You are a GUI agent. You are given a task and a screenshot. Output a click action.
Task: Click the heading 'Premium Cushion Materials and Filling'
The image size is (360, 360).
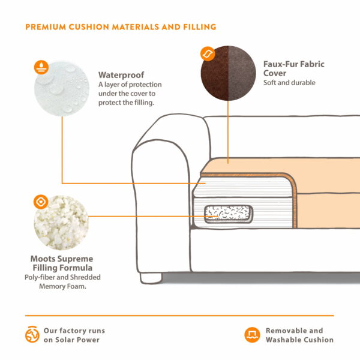(x=121, y=27)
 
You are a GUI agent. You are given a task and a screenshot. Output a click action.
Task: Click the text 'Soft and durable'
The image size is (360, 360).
(x=289, y=83)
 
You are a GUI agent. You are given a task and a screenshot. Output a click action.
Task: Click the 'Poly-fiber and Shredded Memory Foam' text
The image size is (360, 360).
(x=62, y=282)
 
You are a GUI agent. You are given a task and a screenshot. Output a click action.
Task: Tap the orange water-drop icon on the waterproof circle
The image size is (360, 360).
(x=41, y=65)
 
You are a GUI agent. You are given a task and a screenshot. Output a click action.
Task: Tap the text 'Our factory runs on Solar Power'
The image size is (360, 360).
(x=74, y=335)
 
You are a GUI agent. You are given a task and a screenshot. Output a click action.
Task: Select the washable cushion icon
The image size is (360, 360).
(x=252, y=335)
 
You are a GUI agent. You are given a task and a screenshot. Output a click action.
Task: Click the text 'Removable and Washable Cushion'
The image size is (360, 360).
(x=299, y=335)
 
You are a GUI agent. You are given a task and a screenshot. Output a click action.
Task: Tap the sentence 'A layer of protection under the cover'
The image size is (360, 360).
(x=130, y=89)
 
